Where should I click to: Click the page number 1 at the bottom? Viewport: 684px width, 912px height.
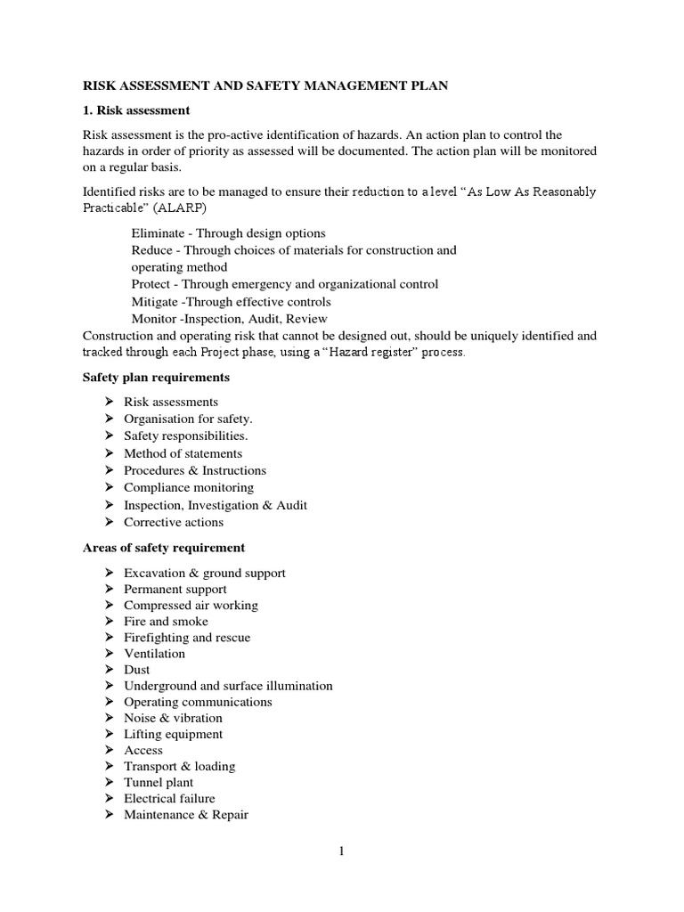tap(341, 851)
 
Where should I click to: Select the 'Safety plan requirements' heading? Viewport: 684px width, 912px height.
tap(156, 377)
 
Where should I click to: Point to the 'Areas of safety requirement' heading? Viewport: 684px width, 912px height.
tap(164, 548)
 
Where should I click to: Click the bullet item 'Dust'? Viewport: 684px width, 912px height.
tap(137, 670)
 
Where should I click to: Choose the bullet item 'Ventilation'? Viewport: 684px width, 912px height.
tap(155, 654)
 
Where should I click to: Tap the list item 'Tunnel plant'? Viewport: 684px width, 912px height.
tap(159, 783)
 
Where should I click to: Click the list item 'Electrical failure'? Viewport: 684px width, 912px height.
tap(169, 799)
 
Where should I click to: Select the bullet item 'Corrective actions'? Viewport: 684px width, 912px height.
tap(174, 522)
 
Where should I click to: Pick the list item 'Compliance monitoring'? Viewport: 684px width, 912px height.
tap(189, 488)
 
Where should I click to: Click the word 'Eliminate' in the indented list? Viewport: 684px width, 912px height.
tap(159, 233)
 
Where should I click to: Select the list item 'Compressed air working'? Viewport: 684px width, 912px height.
tap(191, 606)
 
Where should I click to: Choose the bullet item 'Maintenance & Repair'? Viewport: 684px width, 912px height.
tap(186, 815)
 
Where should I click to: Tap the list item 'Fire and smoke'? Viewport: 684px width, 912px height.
tap(166, 622)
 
